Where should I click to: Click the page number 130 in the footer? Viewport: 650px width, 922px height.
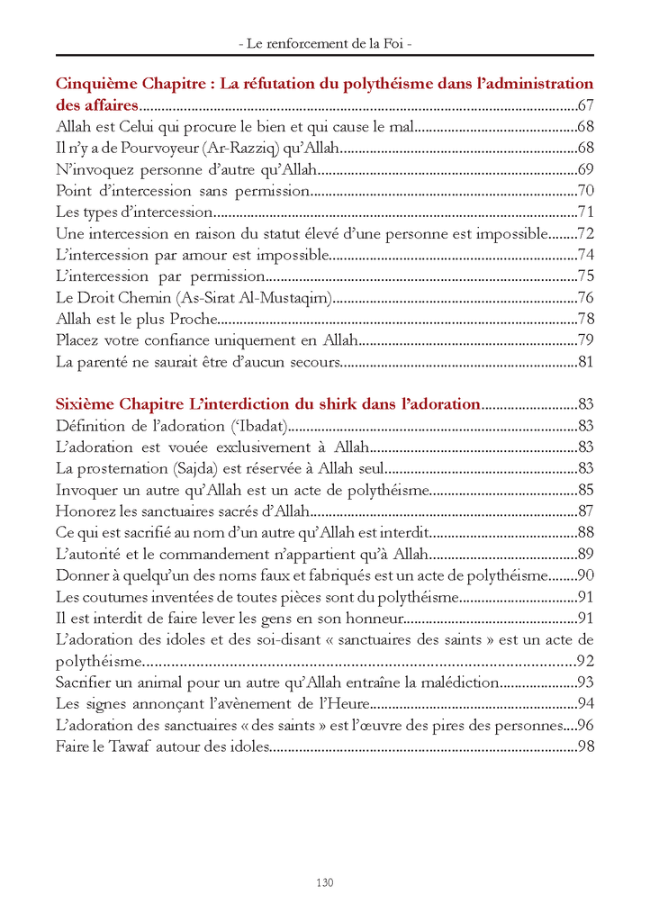click(324, 882)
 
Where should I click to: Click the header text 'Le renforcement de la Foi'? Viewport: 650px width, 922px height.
click(325, 42)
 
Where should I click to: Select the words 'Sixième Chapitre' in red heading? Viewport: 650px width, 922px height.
click(116, 404)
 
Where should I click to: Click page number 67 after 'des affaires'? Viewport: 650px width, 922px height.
click(585, 105)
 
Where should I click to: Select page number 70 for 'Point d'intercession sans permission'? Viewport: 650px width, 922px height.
click(585, 191)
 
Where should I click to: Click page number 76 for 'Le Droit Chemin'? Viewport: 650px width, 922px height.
click(585, 298)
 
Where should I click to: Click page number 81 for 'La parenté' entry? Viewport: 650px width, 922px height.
click(585, 363)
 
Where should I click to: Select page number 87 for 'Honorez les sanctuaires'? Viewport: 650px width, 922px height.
click(585, 511)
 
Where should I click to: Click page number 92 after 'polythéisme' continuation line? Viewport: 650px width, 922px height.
click(585, 661)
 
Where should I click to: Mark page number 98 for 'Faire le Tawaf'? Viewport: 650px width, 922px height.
click(585, 746)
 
